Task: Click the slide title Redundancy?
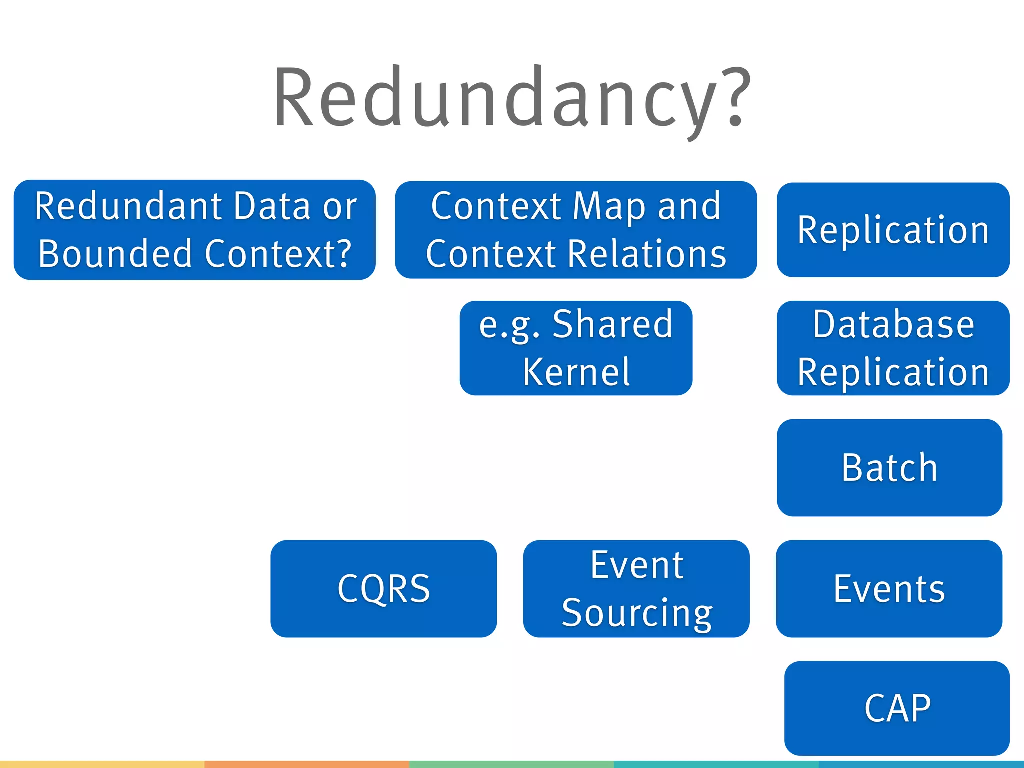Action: pyautogui.click(x=512, y=97)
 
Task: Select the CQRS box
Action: pyautogui.click(x=383, y=588)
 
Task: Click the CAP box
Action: pyautogui.click(x=897, y=708)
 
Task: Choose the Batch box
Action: pyautogui.click(x=889, y=467)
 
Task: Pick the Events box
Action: pyautogui.click(x=889, y=588)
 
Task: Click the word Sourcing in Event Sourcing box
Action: pyautogui.click(x=637, y=612)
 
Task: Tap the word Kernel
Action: pyautogui.click(x=576, y=372)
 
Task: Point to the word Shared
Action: pyautogui.click(x=613, y=324)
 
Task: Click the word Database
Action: pyautogui.click(x=893, y=324)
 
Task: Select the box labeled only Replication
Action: pyautogui.click(x=893, y=229)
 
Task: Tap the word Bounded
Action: pyautogui.click(x=115, y=253)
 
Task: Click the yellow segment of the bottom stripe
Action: pyautogui.click(x=102, y=764)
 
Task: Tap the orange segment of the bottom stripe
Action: pyautogui.click(x=307, y=764)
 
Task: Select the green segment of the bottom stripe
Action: pyautogui.click(x=511, y=764)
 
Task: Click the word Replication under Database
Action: pyautogui.click(x=893, y=372)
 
